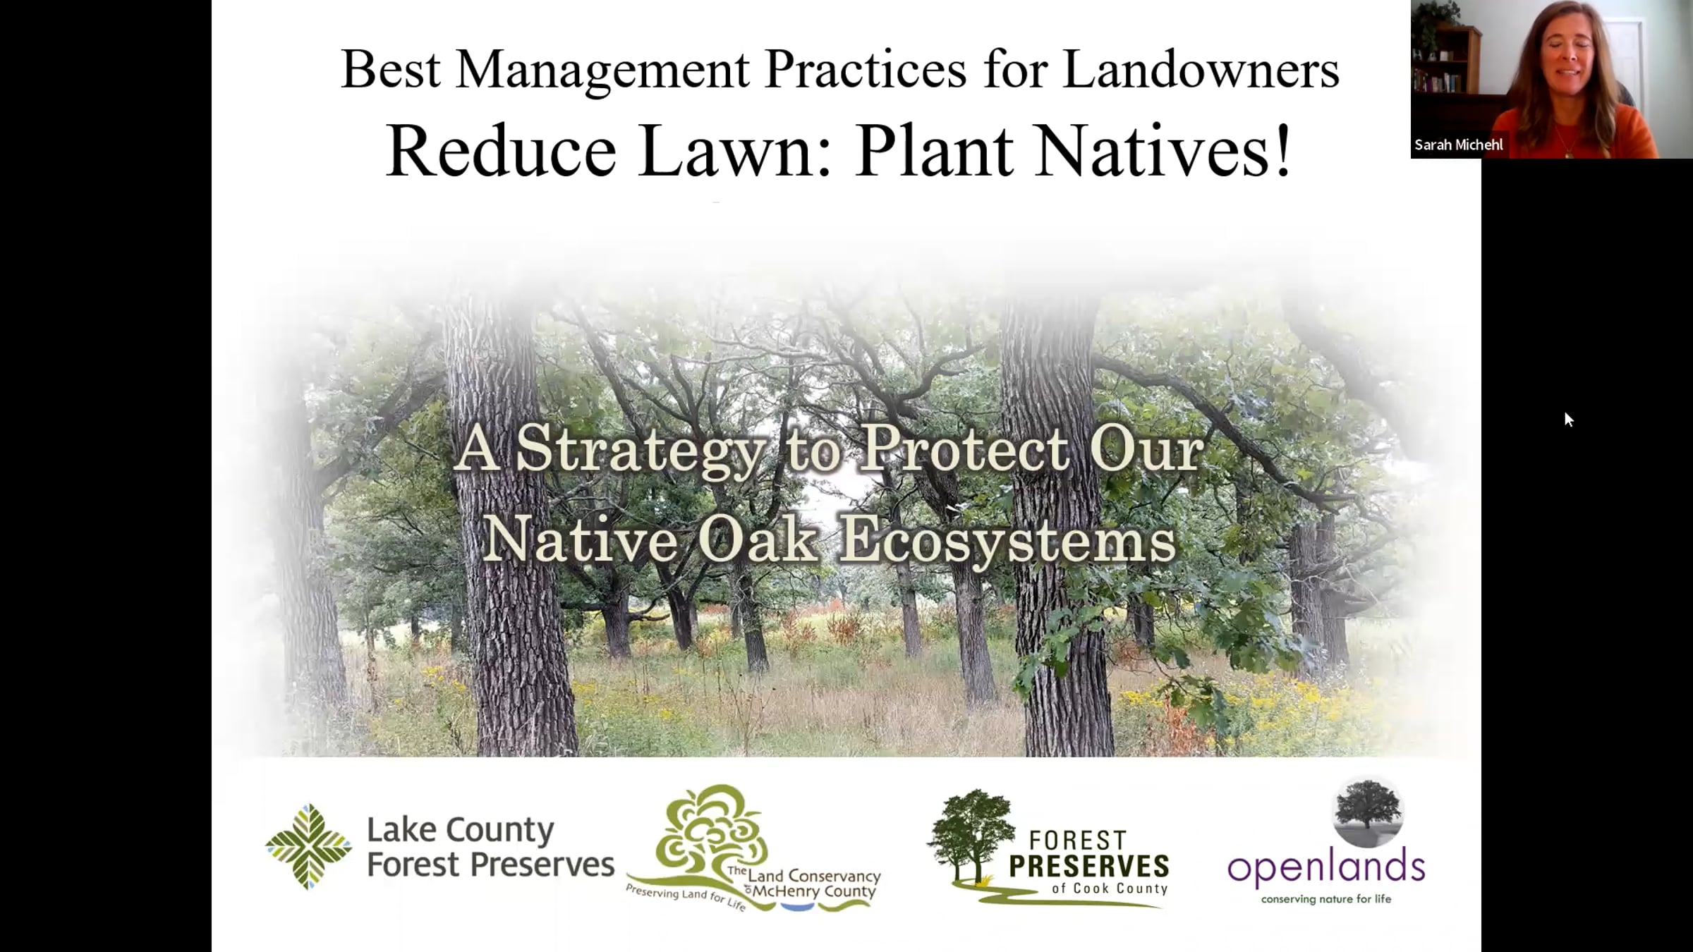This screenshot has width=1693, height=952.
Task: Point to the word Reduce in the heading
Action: coord(501,150)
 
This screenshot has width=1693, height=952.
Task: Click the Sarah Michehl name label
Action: coord(1459,145)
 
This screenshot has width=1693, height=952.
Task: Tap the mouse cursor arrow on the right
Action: coord(1568,420)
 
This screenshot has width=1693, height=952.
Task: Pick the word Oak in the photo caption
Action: coord(758,539)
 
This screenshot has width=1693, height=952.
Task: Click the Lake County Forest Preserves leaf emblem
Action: coord(308,846)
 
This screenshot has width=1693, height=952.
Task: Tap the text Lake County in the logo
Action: coord(460,830)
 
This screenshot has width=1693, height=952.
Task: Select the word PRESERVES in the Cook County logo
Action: coord(1089,867)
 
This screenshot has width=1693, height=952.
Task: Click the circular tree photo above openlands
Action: coord(1369,813)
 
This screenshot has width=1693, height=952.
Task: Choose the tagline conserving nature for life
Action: coord(1326,899)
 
